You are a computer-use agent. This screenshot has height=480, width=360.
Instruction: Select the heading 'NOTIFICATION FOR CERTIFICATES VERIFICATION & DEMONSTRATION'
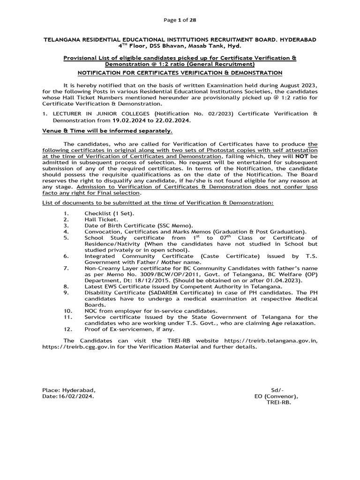[x=180, y=73]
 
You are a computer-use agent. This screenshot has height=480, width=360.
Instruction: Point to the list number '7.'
[x=66, y=268]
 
